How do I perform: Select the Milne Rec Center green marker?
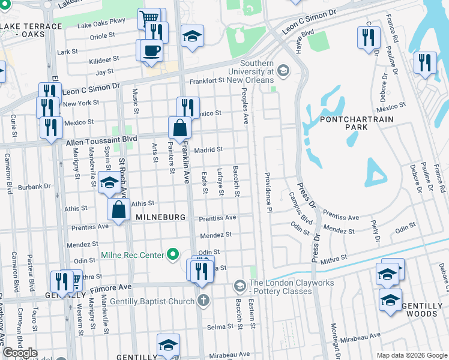[x=173, y=256]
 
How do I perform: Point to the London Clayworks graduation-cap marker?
[x=240, y=284]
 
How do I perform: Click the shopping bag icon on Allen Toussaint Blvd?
[x=179, y=128]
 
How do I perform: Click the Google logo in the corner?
[x=20, y=353]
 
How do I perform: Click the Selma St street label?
[x=220, y=327]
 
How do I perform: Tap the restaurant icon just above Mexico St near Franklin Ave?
[x=188, y=107]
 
